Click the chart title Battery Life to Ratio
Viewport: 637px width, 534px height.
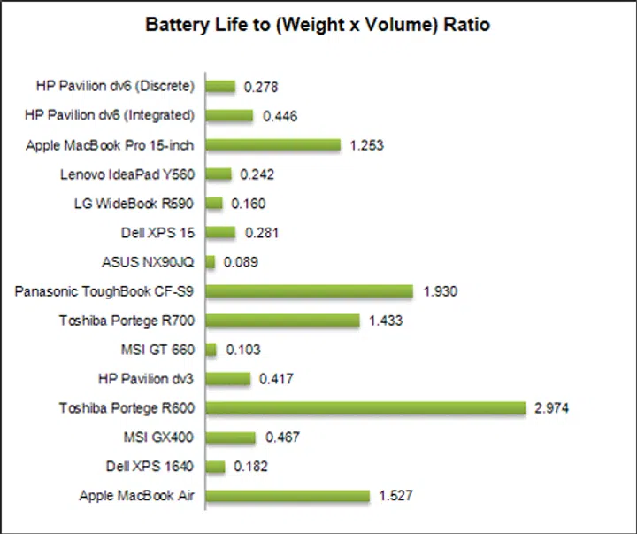tap(318, 25)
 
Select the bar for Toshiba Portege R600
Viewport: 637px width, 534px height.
tap(366, 408)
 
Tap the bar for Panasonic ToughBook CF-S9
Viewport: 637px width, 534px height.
tap(310, 291)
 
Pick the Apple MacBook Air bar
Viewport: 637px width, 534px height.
tap(288, 496)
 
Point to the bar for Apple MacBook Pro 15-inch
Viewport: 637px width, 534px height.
tap(273, 145)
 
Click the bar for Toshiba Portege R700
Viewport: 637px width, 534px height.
tap(283, 321)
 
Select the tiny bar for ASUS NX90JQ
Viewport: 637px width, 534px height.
tap(211, 262)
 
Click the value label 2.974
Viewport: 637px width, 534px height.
tap(553, 408)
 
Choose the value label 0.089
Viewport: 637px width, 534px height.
tap(241, 262)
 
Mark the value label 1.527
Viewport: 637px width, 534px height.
tap(395, 496)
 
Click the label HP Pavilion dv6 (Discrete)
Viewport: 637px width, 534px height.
tap(115, 86)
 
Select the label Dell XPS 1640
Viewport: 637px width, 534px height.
tap(152, 467)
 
